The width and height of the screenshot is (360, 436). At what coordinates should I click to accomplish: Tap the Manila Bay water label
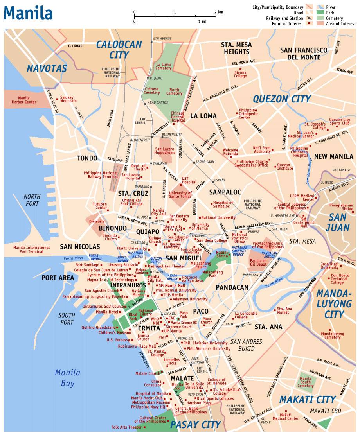[67, 377]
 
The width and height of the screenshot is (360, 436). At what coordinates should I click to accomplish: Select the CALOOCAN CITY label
[119, 50]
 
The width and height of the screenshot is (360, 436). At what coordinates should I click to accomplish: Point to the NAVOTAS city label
[47, 68]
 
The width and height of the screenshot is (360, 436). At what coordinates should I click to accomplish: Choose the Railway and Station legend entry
[284, 18]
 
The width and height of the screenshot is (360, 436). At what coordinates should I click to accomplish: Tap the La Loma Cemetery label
[164, 66]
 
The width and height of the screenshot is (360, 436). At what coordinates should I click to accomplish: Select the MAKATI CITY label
[308, 399]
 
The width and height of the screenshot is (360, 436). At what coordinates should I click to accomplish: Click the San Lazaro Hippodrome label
[165, 151]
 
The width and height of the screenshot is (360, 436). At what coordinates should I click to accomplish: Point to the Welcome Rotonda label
[230, 152]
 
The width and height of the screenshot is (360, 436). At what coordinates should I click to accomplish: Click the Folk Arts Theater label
[126, 427]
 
